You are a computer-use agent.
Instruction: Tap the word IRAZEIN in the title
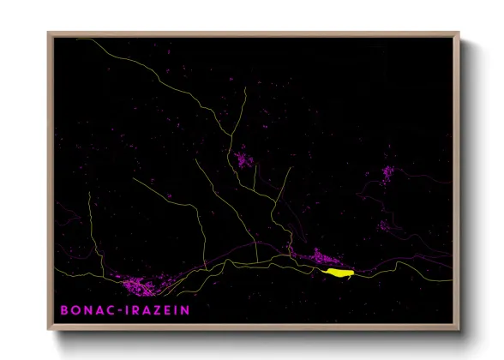tap(159, 309)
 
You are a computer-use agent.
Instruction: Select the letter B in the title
tap(63, 309)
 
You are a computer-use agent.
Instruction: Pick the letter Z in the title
tap(158, 309)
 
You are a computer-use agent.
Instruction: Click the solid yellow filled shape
tap(339, 272)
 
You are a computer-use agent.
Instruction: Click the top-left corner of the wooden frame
tap(48, 33)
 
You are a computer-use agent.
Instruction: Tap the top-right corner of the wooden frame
tap(459, 33)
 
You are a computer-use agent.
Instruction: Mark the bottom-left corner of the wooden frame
tap(48, 330)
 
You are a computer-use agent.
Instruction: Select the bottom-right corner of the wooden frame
tap(459, 330)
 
